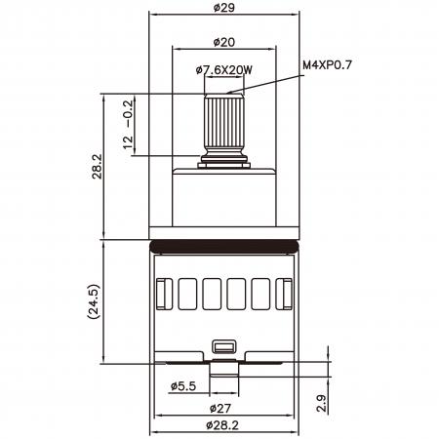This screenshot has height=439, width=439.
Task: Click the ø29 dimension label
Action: pyautogui.click(x=224, y=7)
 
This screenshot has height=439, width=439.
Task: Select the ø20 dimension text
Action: pyautogui.click(x=224, y=42)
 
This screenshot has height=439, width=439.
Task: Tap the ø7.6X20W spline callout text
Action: pyautogui.click(x=224, y=70)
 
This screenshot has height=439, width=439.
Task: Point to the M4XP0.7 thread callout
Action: pyautogui.click(x=327, y=65)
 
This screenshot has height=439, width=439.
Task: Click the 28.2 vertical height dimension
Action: pyautogui.click(x=97, y=167)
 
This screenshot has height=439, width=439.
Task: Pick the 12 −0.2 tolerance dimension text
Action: pyautogui.click(x=128, y=125)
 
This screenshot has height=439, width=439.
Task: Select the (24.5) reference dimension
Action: pyautogui.click(x=94, y=301)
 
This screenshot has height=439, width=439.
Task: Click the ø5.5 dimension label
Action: pyautogui.click(x=183, y=386)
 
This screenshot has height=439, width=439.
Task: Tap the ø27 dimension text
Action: pyautogui.click(x=220, y=408)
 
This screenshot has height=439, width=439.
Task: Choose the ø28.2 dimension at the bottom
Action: pyautogui.click(x=222, y=424)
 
